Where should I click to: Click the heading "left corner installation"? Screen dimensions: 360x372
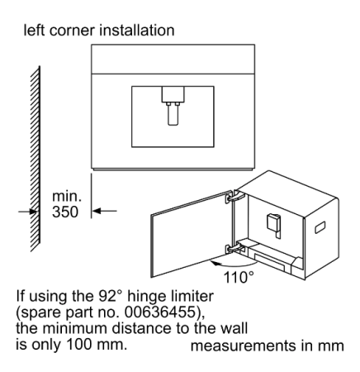click(x=99, y=30)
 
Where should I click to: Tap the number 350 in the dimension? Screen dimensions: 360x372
click(x=65, y=212)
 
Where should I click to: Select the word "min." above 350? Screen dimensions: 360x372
click(x=67, y=196)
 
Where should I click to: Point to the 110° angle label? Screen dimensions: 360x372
click(x=239, y=277)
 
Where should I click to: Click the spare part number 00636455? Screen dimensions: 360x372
click(x=160, y=312)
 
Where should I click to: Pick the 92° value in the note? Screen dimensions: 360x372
click(x=110, y=296)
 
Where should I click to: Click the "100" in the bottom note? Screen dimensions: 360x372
click(x=79, y=345)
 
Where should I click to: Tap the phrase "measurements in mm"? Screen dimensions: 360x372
click(x=268, y=346)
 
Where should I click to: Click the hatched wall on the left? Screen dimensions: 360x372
click(x=36, y=159)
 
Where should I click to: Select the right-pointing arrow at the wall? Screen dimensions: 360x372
click(x=27, y=212)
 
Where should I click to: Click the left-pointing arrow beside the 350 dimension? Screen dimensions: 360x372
click(x=105, y=211)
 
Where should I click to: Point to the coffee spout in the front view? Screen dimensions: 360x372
click(x=173, y=106)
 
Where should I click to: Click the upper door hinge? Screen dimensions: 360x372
click(x=234, y=197)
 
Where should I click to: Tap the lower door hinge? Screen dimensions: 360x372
click(x=234, y=248)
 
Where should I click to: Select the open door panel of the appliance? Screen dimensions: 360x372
click(x=192, y=234)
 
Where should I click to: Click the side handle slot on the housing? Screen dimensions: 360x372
click(x=320, y=227)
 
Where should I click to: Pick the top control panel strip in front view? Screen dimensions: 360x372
click(x=173, y=59)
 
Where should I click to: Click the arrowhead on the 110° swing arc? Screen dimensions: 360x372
click(x=216, y=264)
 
